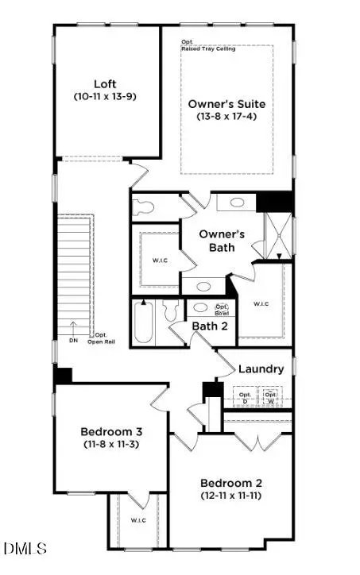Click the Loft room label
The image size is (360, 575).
(105, 83)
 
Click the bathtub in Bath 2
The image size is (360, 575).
(144, 322)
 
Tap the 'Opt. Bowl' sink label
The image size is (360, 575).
(223, 311)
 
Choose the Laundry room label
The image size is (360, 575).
(261, 369)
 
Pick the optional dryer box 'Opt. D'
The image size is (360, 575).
(246, 397)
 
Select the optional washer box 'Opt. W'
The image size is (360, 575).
(272, 397)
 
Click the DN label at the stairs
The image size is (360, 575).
(73, 340)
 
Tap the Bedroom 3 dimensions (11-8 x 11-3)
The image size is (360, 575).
(111, 446)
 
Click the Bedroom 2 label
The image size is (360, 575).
(230, 482)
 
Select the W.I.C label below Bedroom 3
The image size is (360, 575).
(139, 521)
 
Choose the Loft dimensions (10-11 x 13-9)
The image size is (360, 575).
(105, 97)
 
